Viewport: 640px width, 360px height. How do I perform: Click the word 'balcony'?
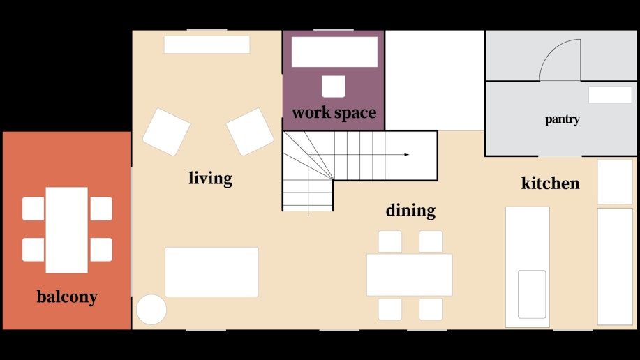coord(67,297)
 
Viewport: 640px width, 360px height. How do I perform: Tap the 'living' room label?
coord(210,179)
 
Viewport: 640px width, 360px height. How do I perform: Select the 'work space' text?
coord(334,112)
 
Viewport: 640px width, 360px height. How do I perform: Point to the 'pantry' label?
coord(563,119)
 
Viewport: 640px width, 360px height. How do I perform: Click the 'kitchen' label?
coord(550,183)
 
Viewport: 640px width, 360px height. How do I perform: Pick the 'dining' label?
coord(410,211)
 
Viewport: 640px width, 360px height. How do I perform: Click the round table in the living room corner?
coord(151,309)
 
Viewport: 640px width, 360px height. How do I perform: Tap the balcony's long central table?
coord(66,230)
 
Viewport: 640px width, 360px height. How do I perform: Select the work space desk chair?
coord(334,86)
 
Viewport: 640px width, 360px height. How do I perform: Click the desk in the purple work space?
coord(335,52)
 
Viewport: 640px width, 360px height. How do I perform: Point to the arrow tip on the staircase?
coord(408,155)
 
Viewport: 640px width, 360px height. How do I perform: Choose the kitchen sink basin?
coord(532,294)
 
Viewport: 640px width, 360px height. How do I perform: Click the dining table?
coord(410,275)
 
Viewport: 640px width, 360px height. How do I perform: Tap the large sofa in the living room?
coord(212,272)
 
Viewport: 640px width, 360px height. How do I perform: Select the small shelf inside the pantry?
coord(610,95)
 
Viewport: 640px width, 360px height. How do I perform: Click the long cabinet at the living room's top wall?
coord(207,45)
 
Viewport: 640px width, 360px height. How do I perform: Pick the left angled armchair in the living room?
coord(166,131)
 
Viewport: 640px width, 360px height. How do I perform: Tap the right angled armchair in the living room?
coord(250,131)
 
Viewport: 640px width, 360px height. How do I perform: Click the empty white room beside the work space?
coord(435,80)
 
